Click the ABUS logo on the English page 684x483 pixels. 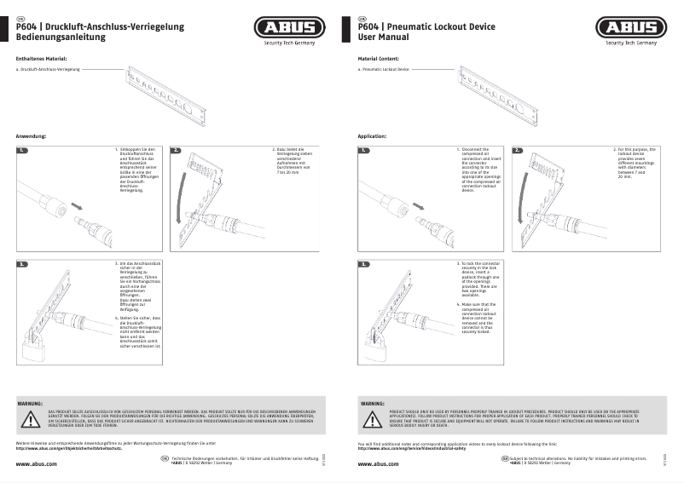tap(631, 28)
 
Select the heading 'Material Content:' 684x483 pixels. tap(378, 58)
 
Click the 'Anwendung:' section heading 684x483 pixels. tap(31, 136)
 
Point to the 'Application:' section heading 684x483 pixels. tap(373, 136)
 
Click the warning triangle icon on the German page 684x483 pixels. tap(33, 419)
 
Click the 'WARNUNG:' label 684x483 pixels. tap(31, 401)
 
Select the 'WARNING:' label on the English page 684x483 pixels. tap(373, 401)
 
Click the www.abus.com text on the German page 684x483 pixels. tap(37, 463)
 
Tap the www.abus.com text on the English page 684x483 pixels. tap(378, 463)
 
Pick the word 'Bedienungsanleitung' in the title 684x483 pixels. tap(60, 38)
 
